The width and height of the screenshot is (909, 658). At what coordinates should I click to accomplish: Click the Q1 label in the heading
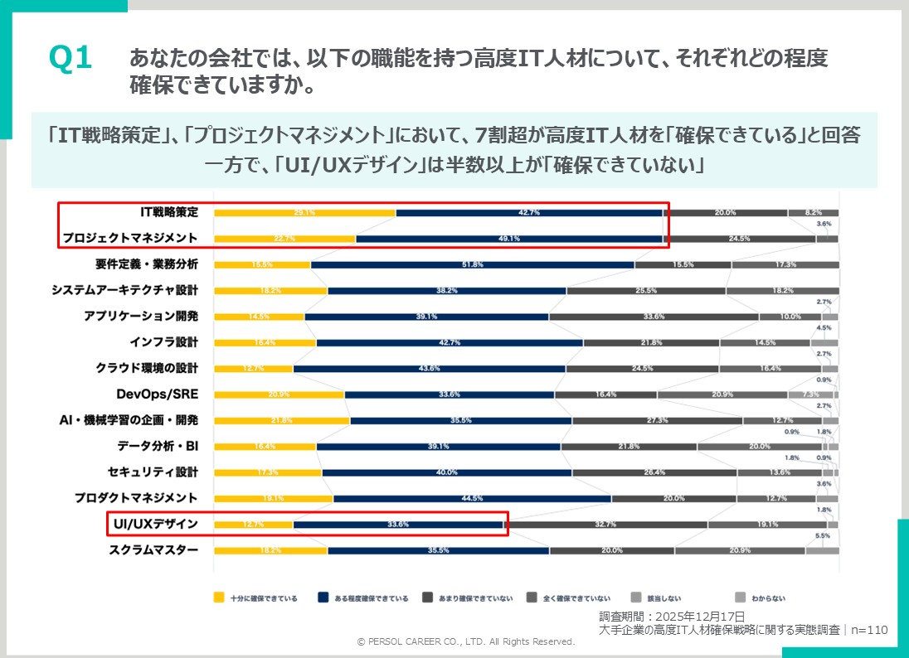(x=70, y=60)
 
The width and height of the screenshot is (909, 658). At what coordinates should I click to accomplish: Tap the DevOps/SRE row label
(x=158, y=394)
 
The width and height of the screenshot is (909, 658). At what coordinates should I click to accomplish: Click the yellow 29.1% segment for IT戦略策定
(x=304, y=213)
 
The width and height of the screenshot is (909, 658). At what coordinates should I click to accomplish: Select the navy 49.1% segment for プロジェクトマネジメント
(x=508, y=239)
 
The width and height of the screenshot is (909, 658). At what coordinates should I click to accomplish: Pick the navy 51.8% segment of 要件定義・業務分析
(x=471, y=264)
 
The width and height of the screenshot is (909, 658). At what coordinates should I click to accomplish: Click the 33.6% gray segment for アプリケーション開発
(x=654, y=317)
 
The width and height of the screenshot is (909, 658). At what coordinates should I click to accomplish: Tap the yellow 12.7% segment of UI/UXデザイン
(x=253, y=524)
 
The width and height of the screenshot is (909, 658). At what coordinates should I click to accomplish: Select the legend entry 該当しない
(x=654, y=598)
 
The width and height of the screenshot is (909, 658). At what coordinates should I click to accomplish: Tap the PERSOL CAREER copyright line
(x=465, y=641)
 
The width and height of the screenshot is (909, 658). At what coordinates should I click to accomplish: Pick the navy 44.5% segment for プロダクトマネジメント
(x=471, y=498)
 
